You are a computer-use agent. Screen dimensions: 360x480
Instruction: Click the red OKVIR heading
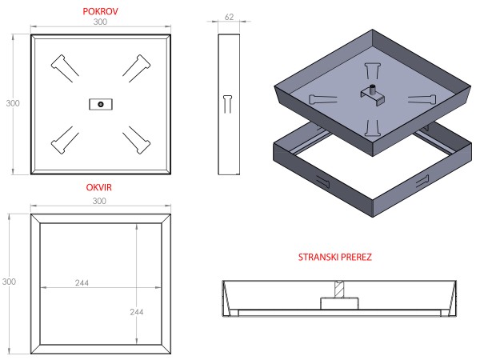100,186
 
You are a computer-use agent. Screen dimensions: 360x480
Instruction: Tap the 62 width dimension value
230,16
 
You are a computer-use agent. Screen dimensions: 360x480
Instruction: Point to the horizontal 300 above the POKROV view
101,22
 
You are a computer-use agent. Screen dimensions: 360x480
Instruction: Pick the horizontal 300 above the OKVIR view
100,201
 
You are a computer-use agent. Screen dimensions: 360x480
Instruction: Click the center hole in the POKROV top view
100,103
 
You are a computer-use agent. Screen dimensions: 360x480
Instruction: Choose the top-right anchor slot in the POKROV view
137,67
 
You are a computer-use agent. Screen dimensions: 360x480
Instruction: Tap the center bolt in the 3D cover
373,90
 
